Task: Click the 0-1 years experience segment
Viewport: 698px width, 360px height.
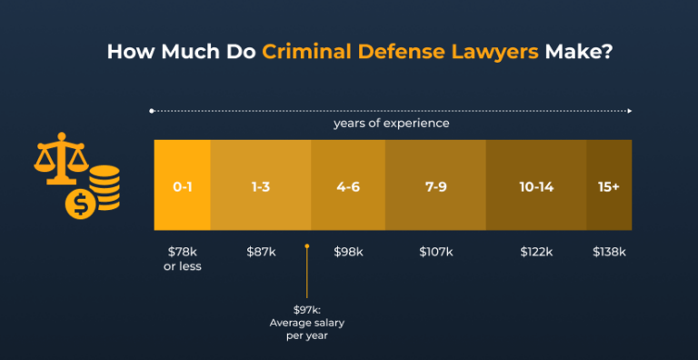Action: [x=183, y=185]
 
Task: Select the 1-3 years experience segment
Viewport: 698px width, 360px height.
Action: [x=261, y=185]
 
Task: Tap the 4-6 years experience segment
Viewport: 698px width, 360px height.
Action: [x=348, y=185]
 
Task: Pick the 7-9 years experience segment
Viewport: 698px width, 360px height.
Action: [x=435, y=185]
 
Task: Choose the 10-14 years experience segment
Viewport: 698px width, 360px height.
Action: [x=536, y=185]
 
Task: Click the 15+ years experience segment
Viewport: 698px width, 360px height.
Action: [x=609, y=185]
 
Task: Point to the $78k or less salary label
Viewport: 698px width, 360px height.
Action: [x=183, y=258]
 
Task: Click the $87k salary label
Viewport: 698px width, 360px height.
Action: [x=261, y=251]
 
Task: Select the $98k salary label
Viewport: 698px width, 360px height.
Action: [x=348, y=251]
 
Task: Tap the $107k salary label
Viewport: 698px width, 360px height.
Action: [x=435, y=251]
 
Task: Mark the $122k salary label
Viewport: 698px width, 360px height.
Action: [x=536, y=251]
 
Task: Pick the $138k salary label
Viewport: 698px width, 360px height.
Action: [x=609, y=251]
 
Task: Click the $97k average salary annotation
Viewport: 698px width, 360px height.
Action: [x=308, y=321]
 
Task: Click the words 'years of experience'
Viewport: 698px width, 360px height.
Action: [x=392, y=123]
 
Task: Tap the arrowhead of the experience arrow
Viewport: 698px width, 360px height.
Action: [x=629, y=110]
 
